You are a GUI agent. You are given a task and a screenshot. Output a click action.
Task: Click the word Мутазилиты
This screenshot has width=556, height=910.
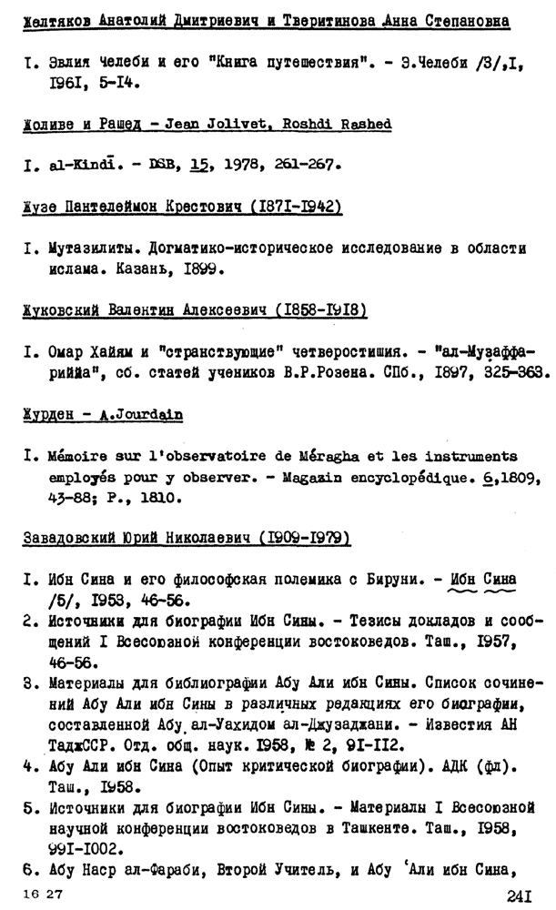click(x=92, y=248)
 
